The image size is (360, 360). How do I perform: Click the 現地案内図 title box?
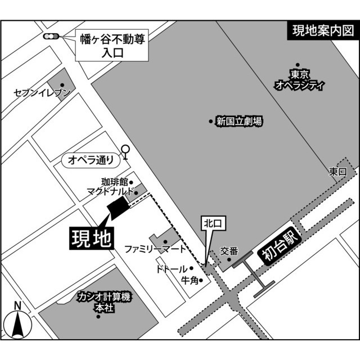tap(323, 31)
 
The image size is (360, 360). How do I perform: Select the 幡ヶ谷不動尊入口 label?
tap(112, 47)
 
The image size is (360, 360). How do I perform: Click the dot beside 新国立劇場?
tap(211, 121)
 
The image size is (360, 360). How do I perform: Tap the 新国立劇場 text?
tap(238, 121)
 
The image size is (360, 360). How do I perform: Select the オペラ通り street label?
tap(91, 160)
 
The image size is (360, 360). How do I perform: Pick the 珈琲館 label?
tap(114, 182)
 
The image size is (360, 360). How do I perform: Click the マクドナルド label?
tap(110, 192)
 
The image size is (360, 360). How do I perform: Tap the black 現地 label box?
tap(92, 238)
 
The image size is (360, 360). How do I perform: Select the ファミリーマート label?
tap(155, 248)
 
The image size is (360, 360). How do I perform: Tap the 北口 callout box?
tap(214, 224)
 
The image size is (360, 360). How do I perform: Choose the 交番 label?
tap(229, 251)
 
